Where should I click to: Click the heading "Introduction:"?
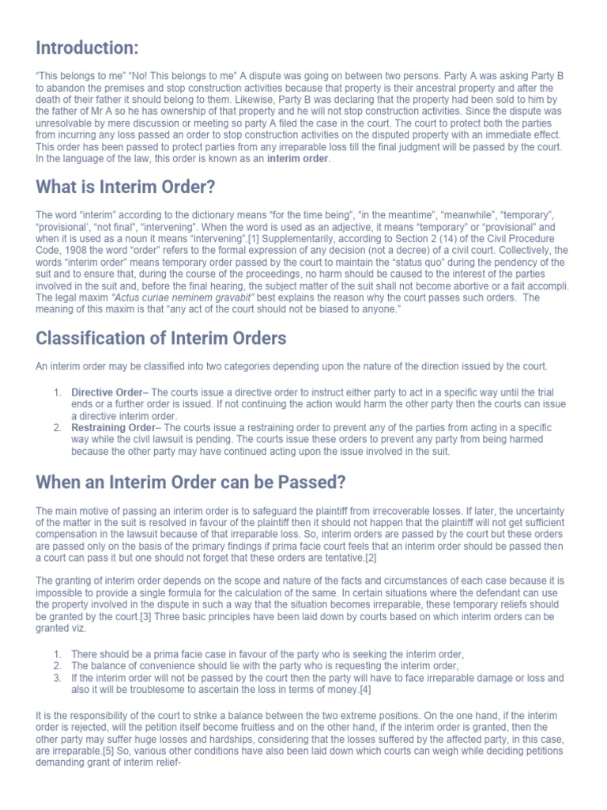click(87, 48)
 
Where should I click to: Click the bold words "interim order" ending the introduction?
click(298, 159)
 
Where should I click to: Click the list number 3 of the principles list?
click(58, 679)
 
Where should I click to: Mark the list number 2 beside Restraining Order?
click(58, 428)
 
